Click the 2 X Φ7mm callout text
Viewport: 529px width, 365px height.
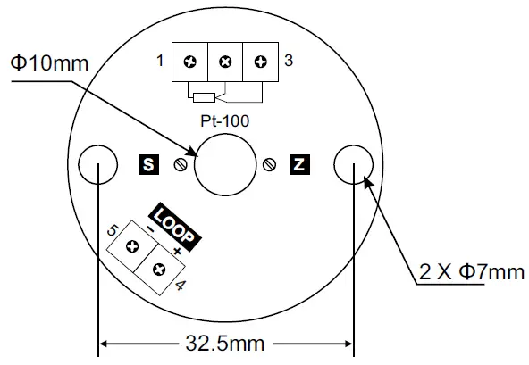472,271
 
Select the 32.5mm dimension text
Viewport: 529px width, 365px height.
227,343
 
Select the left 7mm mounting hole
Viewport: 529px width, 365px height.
97,164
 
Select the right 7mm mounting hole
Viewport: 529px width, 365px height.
354,164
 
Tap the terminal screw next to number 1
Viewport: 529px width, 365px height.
190,62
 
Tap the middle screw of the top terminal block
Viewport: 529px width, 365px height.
225,62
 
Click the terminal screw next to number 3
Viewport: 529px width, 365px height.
260,62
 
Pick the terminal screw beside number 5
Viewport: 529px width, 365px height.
132,248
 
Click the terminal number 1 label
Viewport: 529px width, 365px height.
159,62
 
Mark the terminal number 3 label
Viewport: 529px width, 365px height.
289,62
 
